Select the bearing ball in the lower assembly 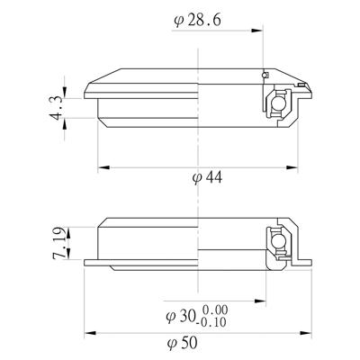(x=277, y=241)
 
